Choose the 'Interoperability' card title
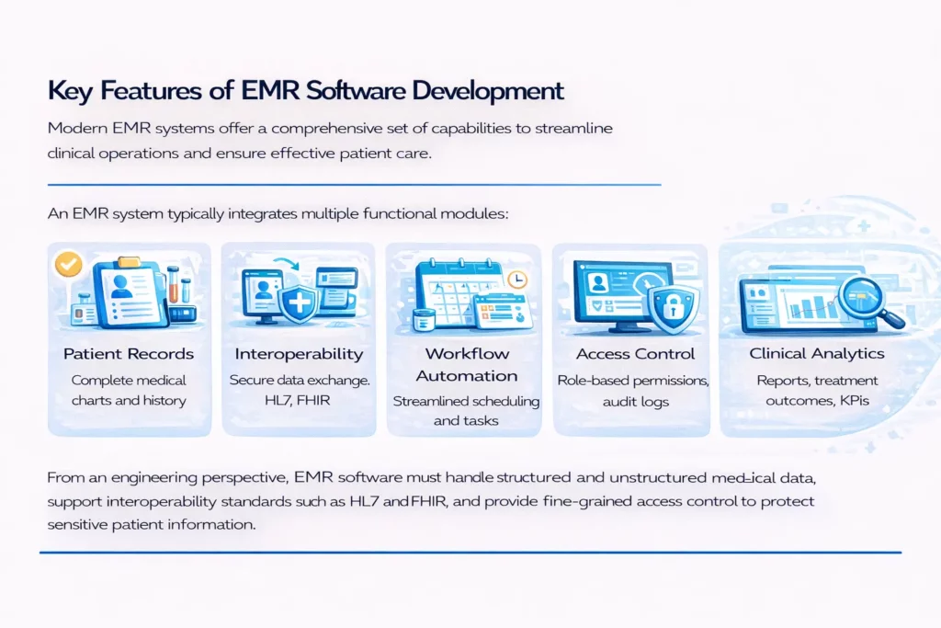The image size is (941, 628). coord(299,354)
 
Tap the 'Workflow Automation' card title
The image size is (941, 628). coord(466,365)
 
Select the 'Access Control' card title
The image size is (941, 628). coord(634,354)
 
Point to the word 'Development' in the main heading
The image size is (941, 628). coord(488,92)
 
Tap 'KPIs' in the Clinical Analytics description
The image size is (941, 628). coord(858,400)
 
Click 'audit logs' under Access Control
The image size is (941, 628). coord(634,400)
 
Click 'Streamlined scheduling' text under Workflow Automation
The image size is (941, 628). coord(466,401)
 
